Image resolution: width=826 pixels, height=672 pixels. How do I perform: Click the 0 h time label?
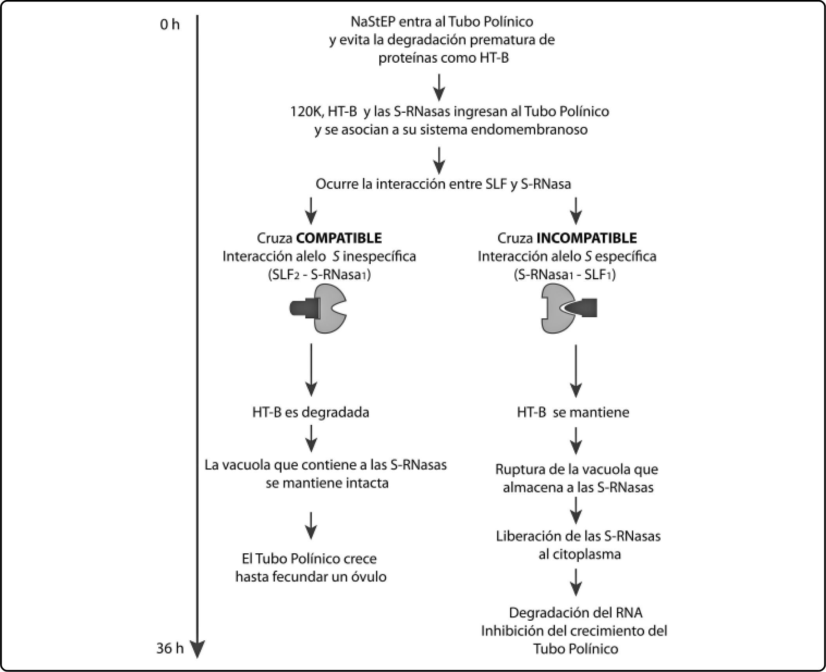pyautogui.click(x=170, y=25)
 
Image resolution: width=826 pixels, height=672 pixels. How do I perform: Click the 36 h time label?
pyautogui.click(x=170, y=648)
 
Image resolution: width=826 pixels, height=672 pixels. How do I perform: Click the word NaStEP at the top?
pyautogui.click(x=373, y=22)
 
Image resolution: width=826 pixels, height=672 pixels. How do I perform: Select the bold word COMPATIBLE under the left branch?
pyautogui.click(x=339, y=238)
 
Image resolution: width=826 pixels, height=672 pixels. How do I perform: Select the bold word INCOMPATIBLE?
pyautogui.click(x=587, y=238)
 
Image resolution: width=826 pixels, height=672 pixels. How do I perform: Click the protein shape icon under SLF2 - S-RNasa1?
pyautogui.click(x=318, y=309)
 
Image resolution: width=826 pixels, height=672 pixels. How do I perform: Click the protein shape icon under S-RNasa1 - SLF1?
pyautogui.click(x=569, y=309)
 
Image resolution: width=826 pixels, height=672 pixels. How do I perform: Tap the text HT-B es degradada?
pyautogui.click(x=311, y=412)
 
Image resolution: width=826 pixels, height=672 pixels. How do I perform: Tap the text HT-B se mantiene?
pyautogui.click(x=573, y=412)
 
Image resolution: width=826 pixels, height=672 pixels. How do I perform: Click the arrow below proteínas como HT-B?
pyautogui.click(x=440, y=87)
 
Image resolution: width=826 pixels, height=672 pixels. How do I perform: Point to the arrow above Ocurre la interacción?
pyautogui.click(x=440, y=160)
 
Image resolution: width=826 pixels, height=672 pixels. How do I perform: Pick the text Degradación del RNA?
pyautogui.click(x=576, y=612)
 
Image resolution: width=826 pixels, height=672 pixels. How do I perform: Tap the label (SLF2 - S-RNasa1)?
pyautogui.click(x=319, y=275)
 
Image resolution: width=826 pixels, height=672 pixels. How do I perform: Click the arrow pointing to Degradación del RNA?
pyautogui.click(x=576, y=582)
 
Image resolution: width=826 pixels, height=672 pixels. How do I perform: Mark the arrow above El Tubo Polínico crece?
pyautogui.click(x=311, y=526)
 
